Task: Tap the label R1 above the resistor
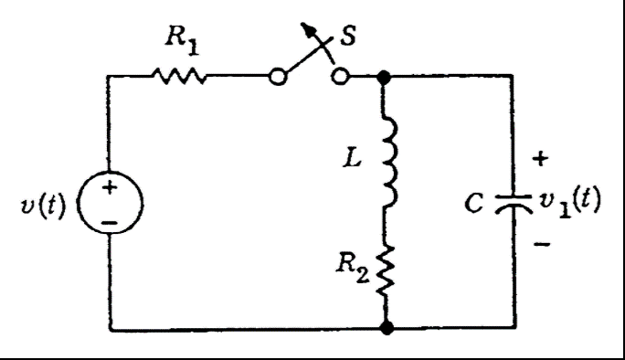180,38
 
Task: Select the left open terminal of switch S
280,78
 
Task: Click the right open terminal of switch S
340,78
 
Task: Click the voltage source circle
110,202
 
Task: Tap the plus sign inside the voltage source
109,189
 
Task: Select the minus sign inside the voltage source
110,220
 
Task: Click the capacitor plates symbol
512,204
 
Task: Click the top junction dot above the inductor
385,79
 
